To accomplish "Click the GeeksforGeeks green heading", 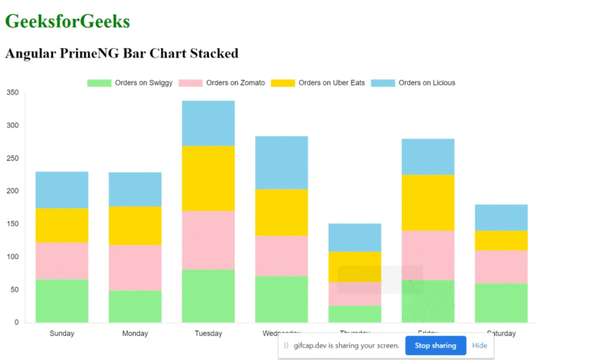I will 68,22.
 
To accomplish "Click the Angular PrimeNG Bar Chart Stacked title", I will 121,54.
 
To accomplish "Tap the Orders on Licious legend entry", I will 413,82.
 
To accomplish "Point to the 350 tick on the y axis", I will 12,93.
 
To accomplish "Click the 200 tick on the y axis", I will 12,191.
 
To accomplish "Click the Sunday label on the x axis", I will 62,334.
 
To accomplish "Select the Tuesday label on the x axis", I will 208,334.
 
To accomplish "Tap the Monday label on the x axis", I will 135,334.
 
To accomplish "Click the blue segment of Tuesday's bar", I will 208,123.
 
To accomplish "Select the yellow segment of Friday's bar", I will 428,202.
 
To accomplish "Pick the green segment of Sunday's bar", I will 62,300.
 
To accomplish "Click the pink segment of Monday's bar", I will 135,267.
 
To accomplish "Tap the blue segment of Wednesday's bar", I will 281,163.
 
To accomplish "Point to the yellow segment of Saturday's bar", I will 501,240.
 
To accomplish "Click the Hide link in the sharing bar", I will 480,345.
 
